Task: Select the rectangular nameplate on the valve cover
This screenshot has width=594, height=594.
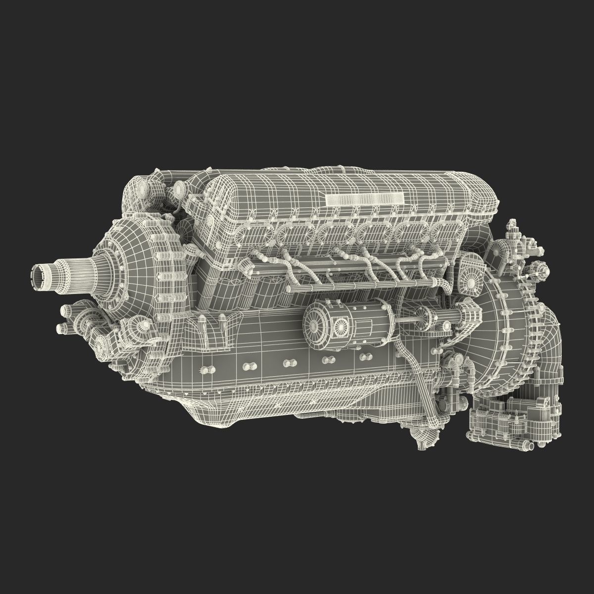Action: pos(365,199)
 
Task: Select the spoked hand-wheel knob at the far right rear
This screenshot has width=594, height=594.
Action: pos(543,271)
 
